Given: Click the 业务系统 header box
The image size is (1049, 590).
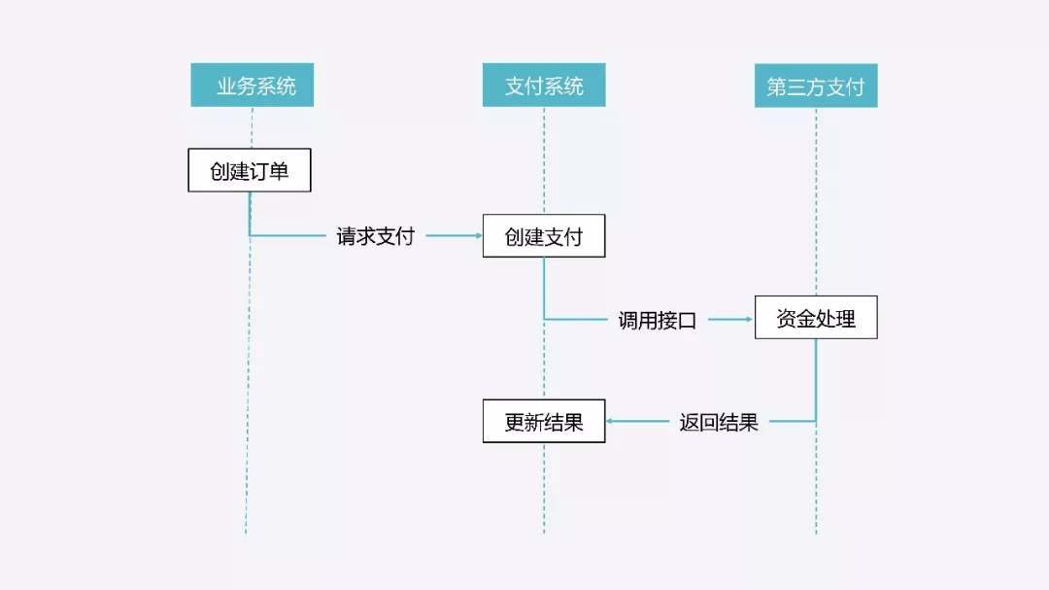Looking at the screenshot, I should point(252,86).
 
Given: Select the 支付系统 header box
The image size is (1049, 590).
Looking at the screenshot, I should point(544,86).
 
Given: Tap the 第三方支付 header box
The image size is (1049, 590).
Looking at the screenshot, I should point(816,86).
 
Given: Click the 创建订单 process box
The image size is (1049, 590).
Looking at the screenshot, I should point(250,170).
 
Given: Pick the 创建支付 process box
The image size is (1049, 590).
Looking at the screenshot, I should point(544,236).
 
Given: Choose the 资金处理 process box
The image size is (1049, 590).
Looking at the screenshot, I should point(816,318).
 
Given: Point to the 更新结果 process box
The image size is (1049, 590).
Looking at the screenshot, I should point(544,422).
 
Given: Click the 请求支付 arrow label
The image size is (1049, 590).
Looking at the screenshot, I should point(376,236).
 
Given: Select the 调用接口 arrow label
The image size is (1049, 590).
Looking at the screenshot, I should point(658,320).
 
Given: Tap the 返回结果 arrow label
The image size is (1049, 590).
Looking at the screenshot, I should point(719,423).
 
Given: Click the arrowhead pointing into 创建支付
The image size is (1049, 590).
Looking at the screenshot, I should point(478,236).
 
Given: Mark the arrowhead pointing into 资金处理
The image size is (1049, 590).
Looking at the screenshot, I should point(750,319).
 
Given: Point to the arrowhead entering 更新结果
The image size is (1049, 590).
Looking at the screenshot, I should point(610,422).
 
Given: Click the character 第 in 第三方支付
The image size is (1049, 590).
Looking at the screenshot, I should point(777,87).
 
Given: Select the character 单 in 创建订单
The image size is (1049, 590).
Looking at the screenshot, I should point(280,171).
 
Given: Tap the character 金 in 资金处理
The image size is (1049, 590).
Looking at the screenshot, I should point(806,319).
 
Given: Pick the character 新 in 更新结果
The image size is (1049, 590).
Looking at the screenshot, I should point(534,423).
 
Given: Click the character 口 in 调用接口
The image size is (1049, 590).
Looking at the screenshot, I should point(687,321).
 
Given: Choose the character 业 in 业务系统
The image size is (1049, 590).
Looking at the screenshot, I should point(225,87).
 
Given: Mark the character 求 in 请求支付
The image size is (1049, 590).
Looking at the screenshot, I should point(365,236).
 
